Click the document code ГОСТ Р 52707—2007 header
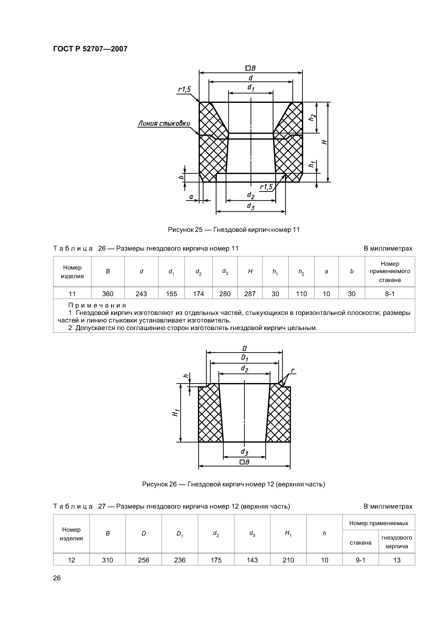coord(90,49)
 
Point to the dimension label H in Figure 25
coord(325,142)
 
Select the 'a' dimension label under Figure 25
coord(191,197)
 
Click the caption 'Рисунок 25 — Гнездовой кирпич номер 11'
coord(234,230)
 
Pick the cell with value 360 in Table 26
coord(108,294)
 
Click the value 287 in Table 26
coord(250,294)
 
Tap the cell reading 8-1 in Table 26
coord(390,294)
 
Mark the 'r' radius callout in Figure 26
coord(293,371)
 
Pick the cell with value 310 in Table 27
coord(107,560)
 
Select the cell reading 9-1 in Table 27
coord(360,560)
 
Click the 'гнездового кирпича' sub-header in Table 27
coord(397,542)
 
